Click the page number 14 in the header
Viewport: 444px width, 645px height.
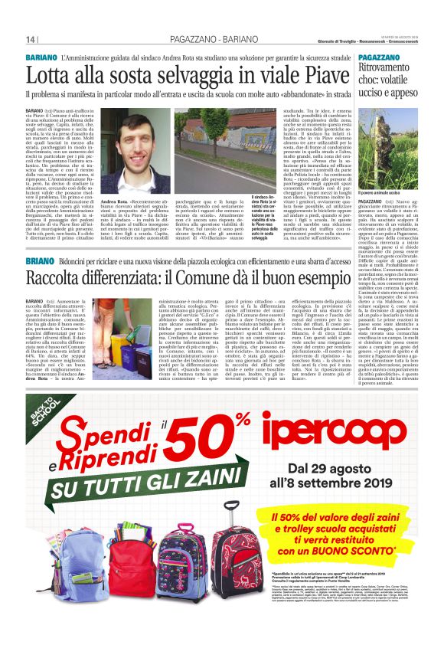click(x=31, y=39)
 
